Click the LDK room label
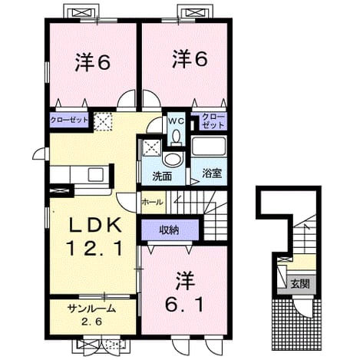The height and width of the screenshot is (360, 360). pos(95,225)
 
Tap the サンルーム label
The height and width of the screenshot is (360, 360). pos(92,309)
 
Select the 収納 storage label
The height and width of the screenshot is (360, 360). pos(169,230)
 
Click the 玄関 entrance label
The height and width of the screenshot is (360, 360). pos(300,283)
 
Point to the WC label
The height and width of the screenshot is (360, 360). pos(176,121)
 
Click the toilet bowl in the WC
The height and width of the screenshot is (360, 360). pos(176,136)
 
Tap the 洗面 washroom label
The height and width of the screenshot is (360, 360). pos(162,177)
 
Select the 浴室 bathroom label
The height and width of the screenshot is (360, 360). pos(212,173)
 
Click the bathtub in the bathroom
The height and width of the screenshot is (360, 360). pos(209,146)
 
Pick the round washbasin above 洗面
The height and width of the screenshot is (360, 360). pos(174,159)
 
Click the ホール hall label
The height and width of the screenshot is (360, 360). pos(152,202)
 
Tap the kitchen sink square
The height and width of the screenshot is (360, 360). pos(96,174)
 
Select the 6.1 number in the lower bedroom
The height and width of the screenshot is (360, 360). pos(184,305)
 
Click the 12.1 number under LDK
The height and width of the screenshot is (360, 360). pos(95,249)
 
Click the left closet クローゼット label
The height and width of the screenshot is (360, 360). pos(69,120)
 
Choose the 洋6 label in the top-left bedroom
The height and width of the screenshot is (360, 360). pos(93,62)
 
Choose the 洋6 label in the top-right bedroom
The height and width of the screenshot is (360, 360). pos(190,59)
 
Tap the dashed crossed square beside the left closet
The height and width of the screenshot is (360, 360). pos(103,121)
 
